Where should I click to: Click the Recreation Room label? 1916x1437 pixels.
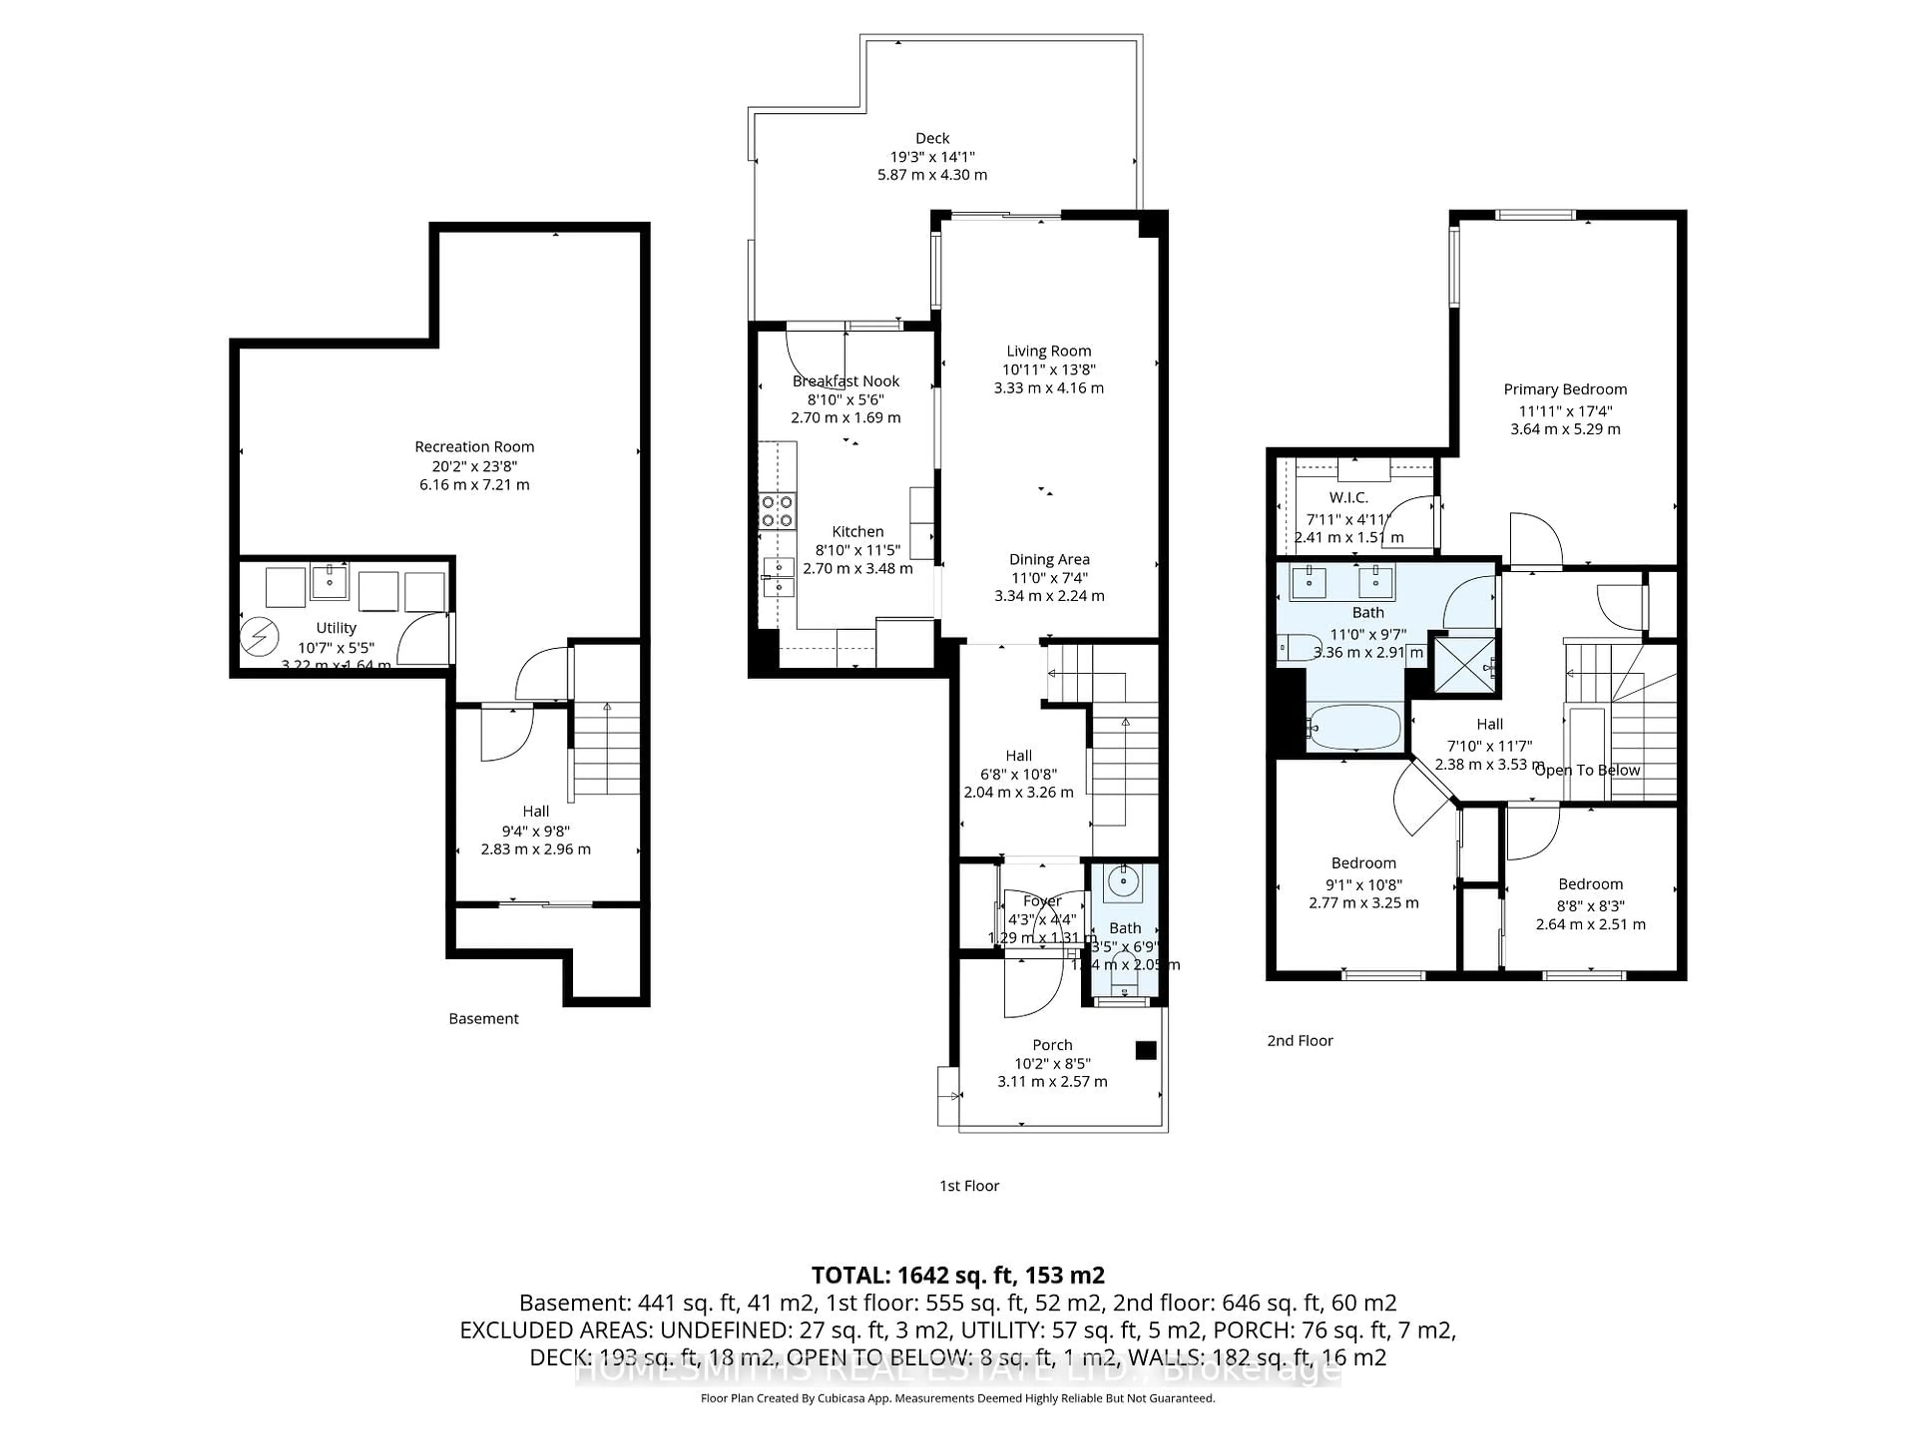pyautogui.click(x=474, y=447)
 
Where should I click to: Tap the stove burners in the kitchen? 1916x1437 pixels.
pyautogui.click(x=777, y=511)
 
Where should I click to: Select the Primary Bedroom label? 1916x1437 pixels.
pyautogui.click(x=1564, y=390)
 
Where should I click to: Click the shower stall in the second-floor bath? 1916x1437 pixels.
pyautogui.click(x=1465, y=665)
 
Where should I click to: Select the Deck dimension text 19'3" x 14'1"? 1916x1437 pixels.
pyautogui.click(x=932, y=157)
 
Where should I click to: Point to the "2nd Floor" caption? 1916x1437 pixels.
pyautogui.click(x=1299, y=1040)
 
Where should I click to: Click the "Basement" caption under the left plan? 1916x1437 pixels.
pyautogui.click(x=483, y=1019)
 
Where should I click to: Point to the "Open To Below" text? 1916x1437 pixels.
pyautogui.click(x=1587, y=770)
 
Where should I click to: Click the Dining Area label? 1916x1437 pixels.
pyautogui.click(x=1049, y=559)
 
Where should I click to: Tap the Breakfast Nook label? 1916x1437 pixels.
pyautogui.click(x=845, y=381)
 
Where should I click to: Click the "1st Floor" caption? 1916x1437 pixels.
pyautogui.click(x=969, y=1186)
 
